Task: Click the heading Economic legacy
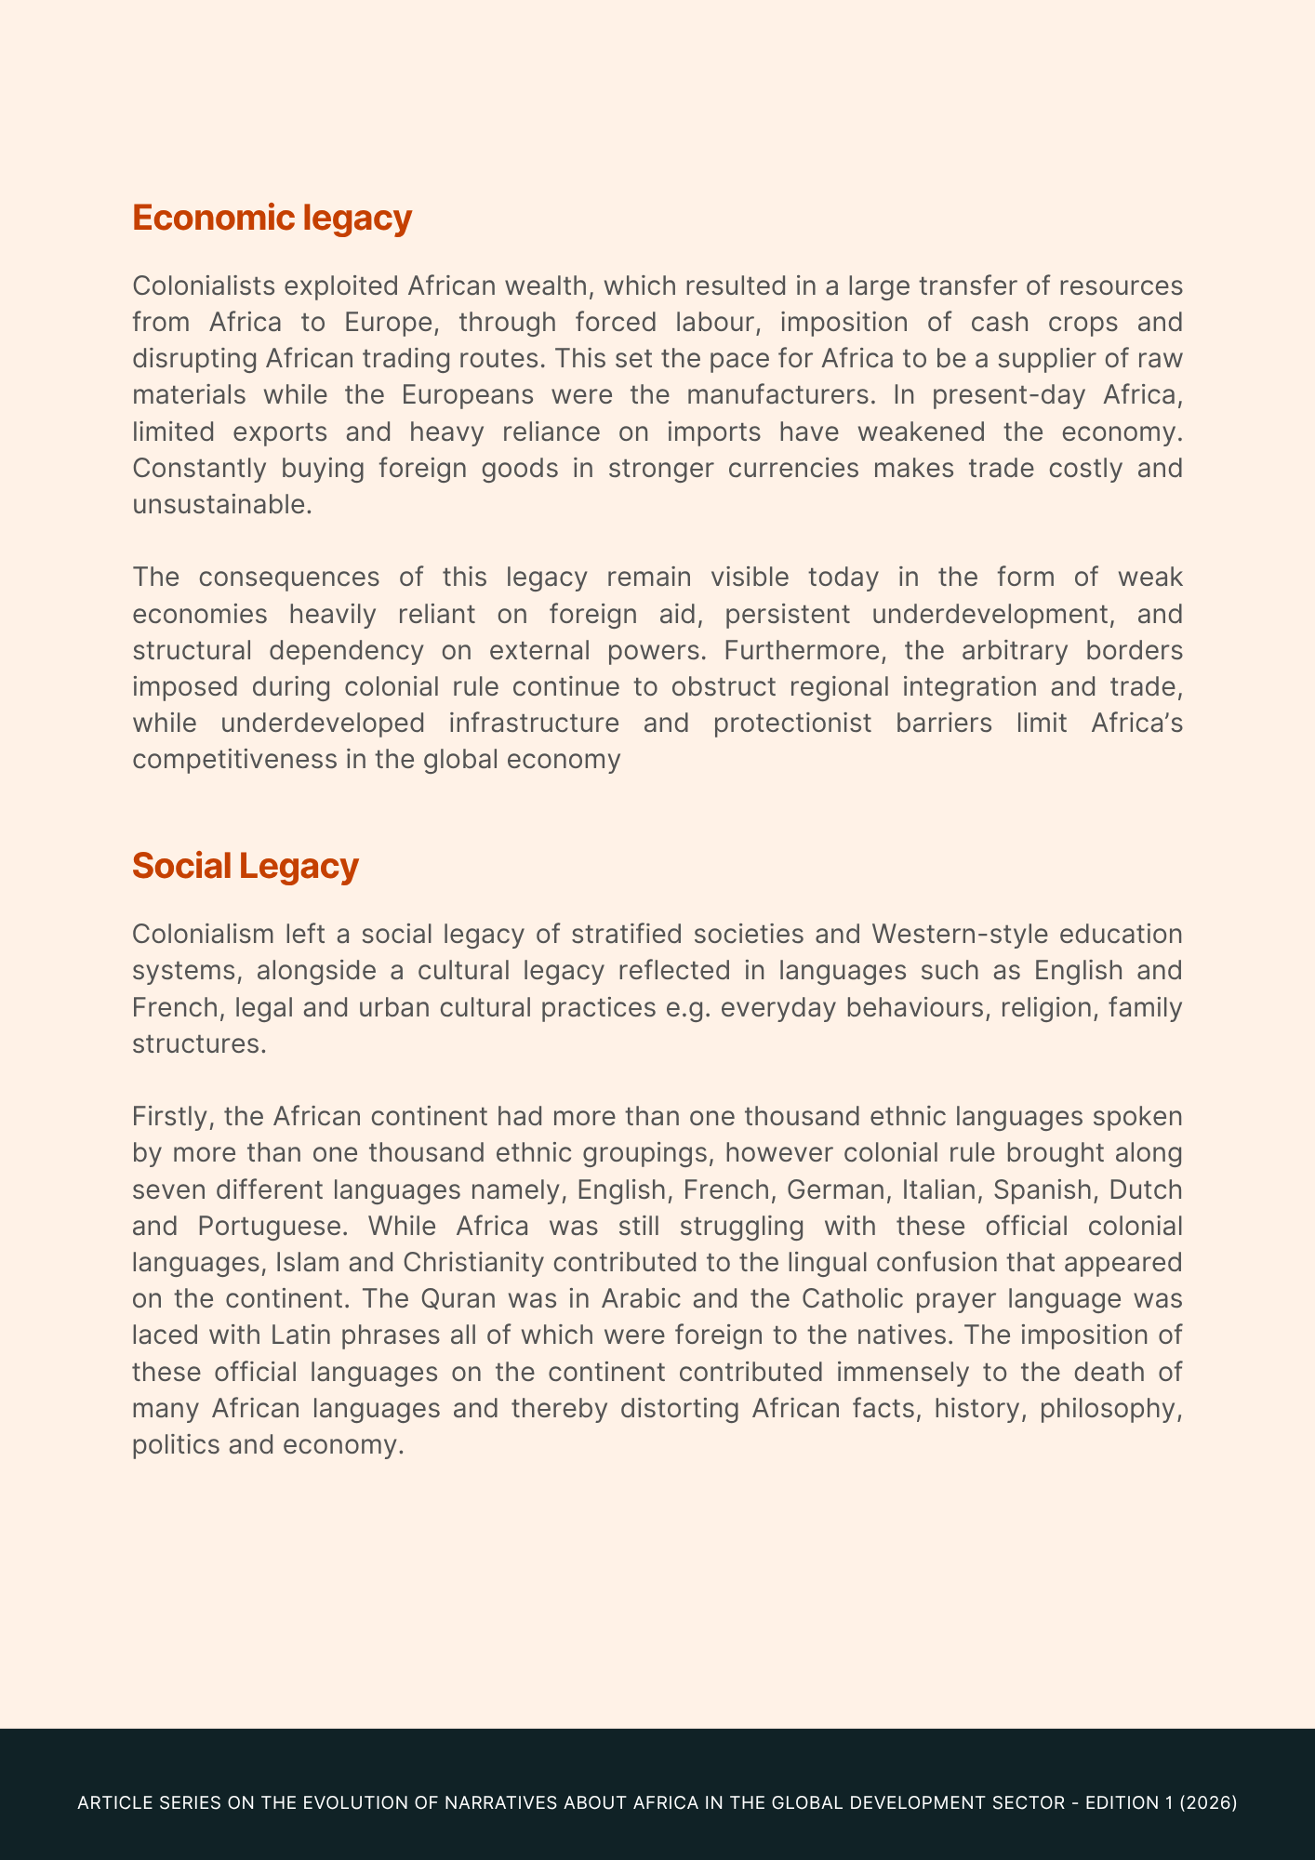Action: pyautogui.click(x=272, y=218)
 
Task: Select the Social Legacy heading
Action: pyautogui.click(x=245, y=866)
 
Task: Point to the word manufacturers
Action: pyautogui.click(x=781, y=394)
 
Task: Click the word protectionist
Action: pyautogui.click(x=792, y=723)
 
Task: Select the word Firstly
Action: pyautogui.click(x=174, y=1116)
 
